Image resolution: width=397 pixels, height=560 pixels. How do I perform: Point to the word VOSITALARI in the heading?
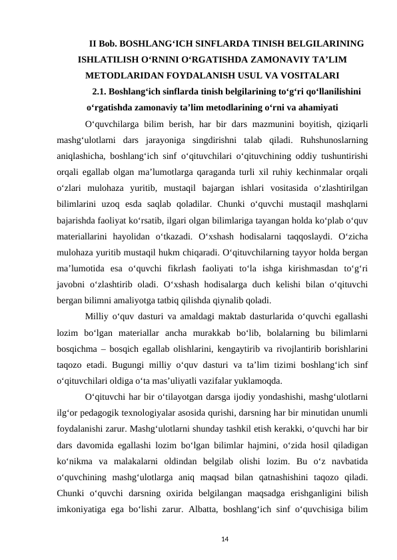tap(312, 74)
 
